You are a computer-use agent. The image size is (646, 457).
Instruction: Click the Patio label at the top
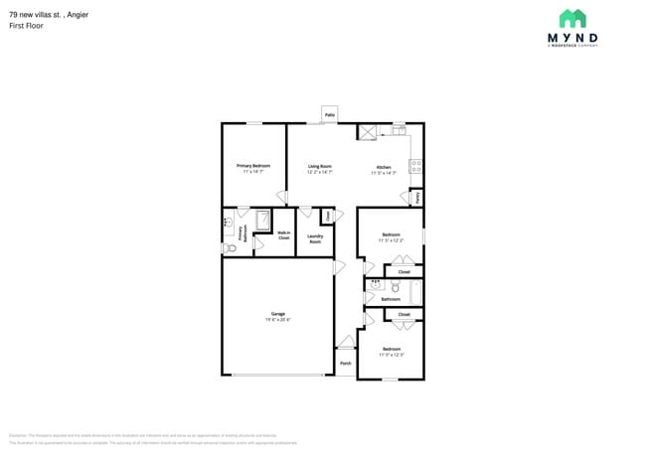click(329, 115)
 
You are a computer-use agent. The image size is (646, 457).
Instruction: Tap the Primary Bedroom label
click(253, 166)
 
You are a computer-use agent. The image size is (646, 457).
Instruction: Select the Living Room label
click(319, 167)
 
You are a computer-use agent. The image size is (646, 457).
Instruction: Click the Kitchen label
click(384, 167)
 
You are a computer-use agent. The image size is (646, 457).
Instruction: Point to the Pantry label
click(417, 198)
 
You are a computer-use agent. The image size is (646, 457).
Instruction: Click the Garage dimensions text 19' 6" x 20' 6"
click(277, 320)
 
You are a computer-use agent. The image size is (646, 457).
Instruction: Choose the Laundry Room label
click(315, 238)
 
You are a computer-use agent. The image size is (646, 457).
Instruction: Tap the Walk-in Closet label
click(283, 236)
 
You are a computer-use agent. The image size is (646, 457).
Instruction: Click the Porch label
click(346, 364)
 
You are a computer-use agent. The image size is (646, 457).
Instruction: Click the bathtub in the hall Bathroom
click(416, 292)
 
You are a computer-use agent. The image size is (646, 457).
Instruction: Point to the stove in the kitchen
click(416, 167)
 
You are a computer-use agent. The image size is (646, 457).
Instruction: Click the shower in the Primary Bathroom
click(263, 220)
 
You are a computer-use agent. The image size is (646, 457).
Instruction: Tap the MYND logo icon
click(572, 20)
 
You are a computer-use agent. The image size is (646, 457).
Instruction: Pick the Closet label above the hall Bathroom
click(404, 271)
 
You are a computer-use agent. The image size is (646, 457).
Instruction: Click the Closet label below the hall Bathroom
click(404, 314)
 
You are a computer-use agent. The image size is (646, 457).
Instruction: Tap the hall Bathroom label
click(391, 299)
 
